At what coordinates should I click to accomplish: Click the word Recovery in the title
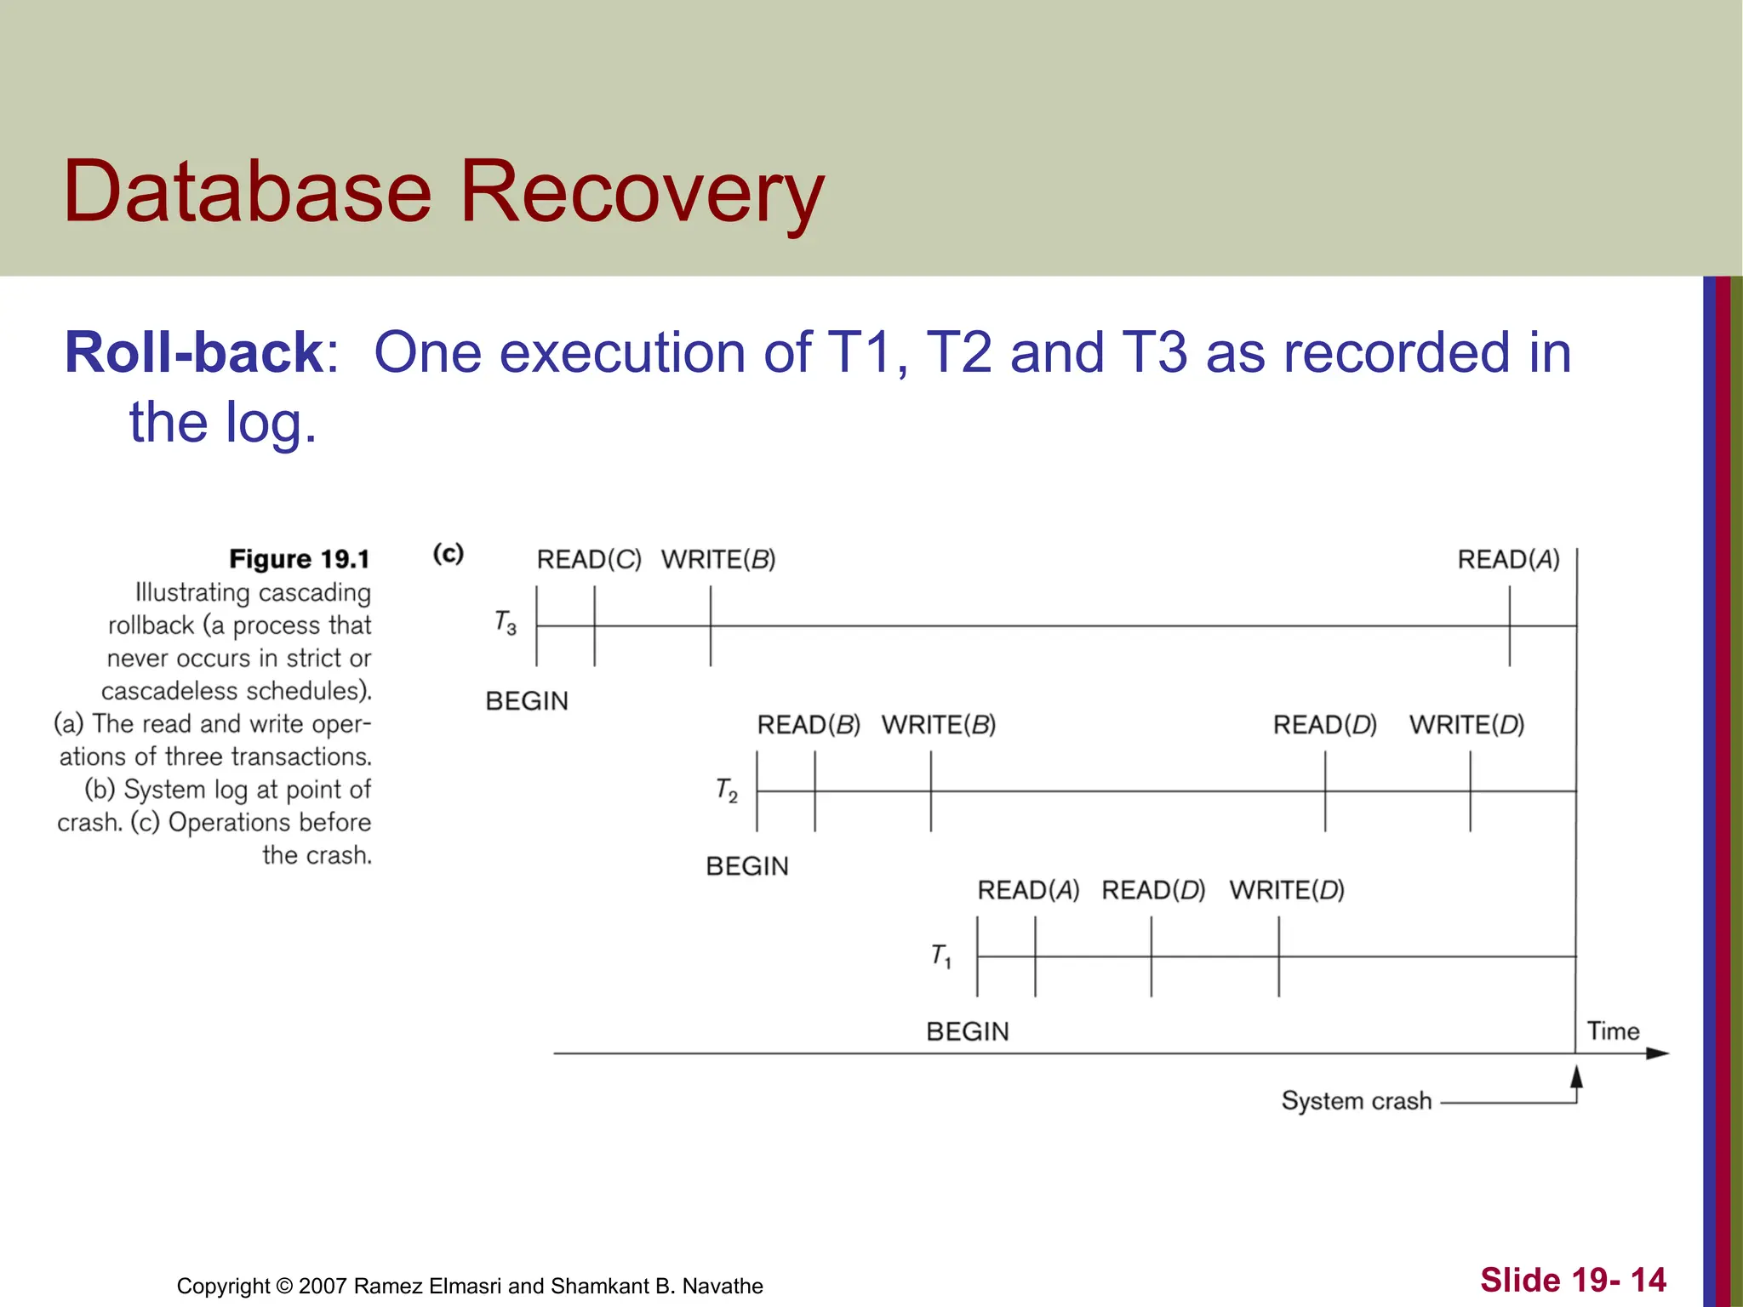click(x=642, y=192)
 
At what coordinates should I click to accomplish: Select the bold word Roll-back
click(x=194, y=352)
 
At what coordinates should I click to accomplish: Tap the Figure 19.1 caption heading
click(x=300, y=559)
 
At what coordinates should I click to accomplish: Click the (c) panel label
click(x=449, y=554)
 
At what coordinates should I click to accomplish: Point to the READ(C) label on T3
click(x=589, y=560)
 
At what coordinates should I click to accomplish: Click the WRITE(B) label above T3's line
click(x=718, y=560)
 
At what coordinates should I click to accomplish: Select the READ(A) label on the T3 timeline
click(x=1508, y=560)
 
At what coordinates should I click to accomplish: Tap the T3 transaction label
click(x=506, y=623)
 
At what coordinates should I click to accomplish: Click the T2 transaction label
click(x=726, y=790)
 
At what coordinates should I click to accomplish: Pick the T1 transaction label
click(x=940, y=956)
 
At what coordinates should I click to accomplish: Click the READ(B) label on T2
click(x=809, y=725)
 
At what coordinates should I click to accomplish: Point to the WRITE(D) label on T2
click(x=1466, y=725)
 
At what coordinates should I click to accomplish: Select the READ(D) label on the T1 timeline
click(x=1153, y=890)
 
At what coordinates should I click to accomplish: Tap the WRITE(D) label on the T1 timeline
click(x=1287, y=890)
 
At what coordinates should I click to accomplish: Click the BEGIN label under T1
click(x=968, y=1031)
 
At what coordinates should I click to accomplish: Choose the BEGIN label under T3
click(x=527, y=701)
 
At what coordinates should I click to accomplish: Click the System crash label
click(x=1357, y=1101)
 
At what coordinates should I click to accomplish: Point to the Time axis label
click(x=1613, y=1031)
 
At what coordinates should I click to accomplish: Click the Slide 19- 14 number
click(x=1573, y=1280)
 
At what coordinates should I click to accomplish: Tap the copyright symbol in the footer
click(x=284, y=1286)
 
